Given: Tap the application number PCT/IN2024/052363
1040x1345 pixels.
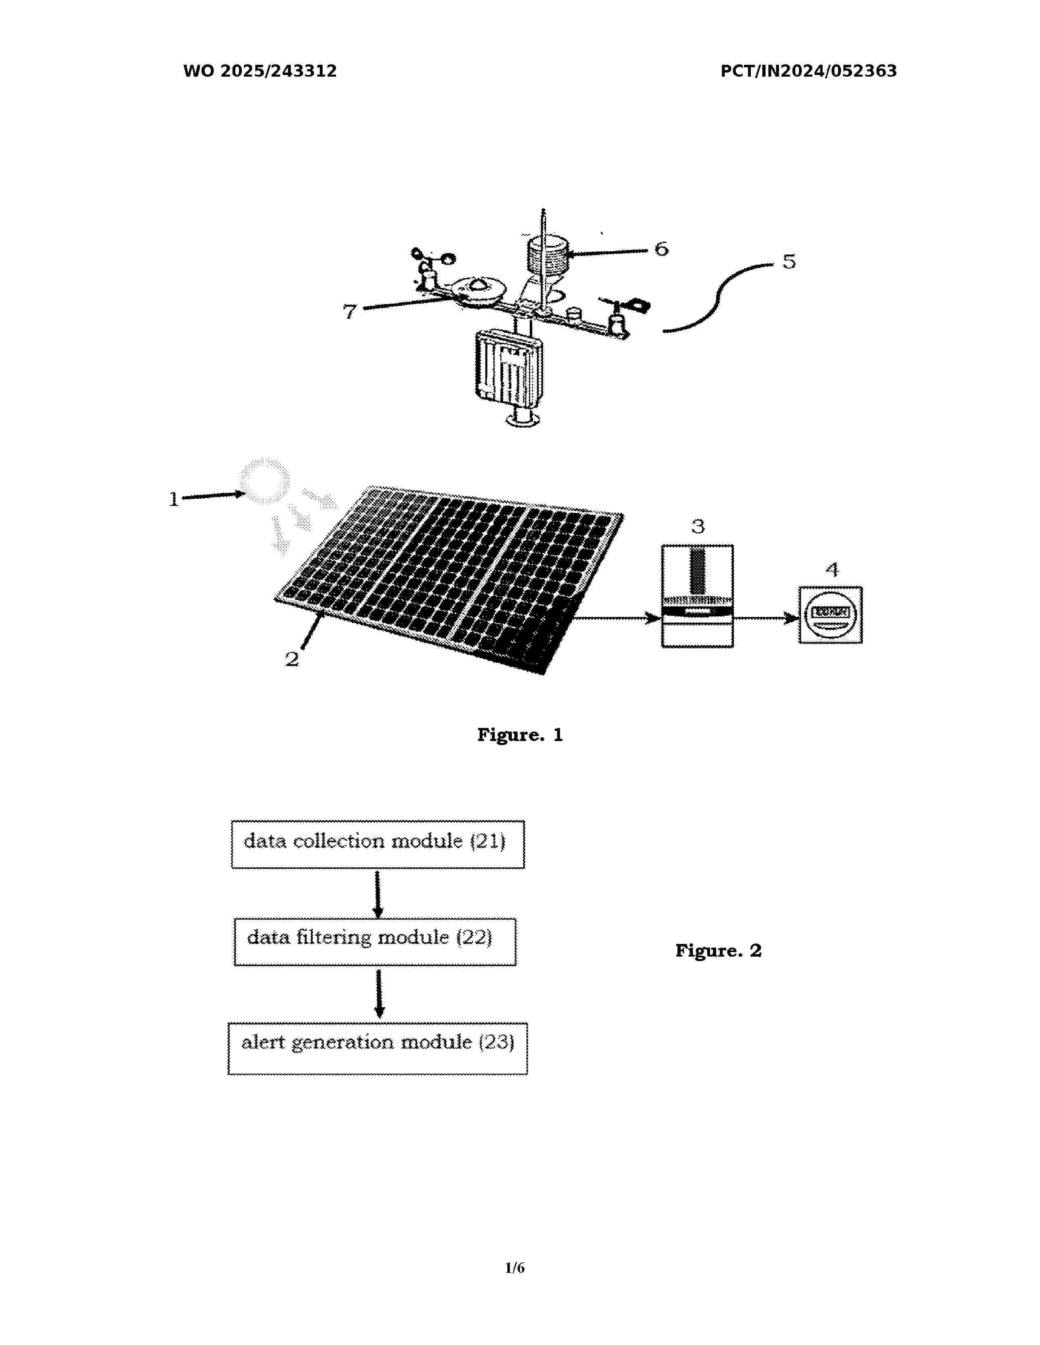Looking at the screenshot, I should pyautogui.click(x=808, y=71).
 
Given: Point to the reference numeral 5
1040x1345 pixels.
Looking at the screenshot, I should pyautogui.click(x=789, y=261).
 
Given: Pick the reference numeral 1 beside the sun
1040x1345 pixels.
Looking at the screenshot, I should pyautogui.click(x=174, y=499).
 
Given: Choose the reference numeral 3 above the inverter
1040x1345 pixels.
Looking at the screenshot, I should pyautogui.click(x=697, y=527).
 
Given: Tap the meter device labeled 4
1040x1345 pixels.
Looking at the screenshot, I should pyautogui.click(x=830, y=615).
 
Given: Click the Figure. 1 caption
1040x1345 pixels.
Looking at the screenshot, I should pyautogui.click(x=520, y=735).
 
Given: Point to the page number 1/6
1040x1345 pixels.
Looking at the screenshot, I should pyautogui.click(x=514, y=1268).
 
